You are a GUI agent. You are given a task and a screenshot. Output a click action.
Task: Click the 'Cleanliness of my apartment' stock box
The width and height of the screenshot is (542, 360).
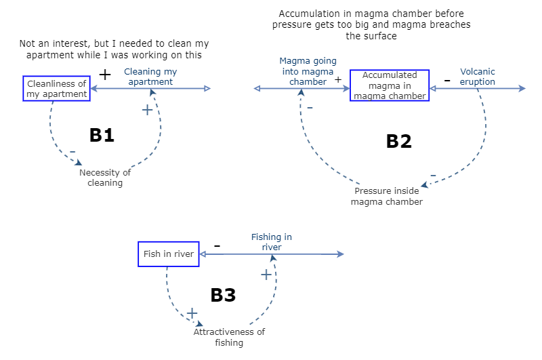[57, 89]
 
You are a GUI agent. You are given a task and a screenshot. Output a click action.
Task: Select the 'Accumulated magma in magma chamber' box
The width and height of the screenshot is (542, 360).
[390, 85]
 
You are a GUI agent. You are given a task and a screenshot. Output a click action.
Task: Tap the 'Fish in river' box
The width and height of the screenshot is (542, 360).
[169, 254]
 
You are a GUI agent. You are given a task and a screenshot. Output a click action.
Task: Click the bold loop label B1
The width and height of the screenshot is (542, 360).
[102, 135]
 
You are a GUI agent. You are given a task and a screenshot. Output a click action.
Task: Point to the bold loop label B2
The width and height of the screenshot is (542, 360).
[398, 141]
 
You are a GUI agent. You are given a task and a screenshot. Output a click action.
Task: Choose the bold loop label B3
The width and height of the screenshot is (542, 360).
[223, 295]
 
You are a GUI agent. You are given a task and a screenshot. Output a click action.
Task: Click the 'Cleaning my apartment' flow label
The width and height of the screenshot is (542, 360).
[150, 76]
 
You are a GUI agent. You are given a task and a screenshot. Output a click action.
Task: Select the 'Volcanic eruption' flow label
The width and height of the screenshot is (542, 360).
[477, 77]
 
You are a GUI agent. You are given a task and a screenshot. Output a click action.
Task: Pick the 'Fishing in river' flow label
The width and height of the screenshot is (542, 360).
[271, 242]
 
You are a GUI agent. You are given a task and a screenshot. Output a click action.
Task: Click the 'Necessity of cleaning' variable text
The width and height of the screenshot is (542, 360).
[105, 177]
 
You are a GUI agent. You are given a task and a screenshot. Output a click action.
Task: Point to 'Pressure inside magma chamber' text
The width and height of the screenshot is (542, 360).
[387, 196]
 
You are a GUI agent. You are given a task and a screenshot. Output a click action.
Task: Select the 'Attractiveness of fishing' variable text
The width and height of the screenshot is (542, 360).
[229, 337]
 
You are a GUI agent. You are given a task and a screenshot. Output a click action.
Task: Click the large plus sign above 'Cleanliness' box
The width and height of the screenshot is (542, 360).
[105, 75]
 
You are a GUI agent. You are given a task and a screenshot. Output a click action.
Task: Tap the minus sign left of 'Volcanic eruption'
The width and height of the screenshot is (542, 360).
[446, 80]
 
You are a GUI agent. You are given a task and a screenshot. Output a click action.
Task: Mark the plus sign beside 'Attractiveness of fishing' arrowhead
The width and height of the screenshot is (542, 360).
[192, 313]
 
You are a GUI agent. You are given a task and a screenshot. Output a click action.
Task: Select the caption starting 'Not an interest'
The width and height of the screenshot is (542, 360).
[110, 49]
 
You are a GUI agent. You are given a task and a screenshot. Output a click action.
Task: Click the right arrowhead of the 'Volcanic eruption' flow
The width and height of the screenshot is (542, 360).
[522, 88]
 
